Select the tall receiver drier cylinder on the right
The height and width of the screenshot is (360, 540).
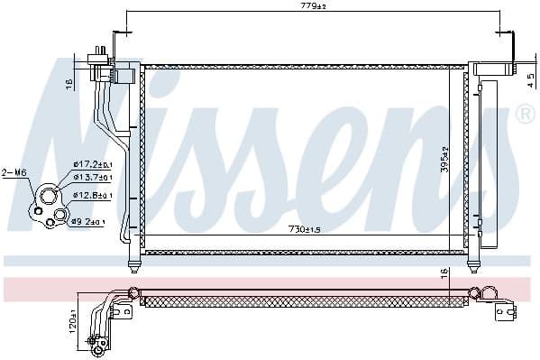click(487, 162)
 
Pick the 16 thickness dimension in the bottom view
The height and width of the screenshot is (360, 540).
click(444, 274)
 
